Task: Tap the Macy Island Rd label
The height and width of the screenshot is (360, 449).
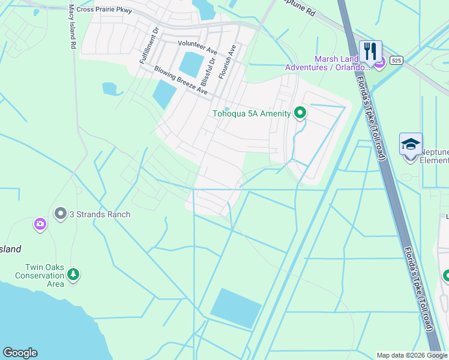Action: tap(73, 27)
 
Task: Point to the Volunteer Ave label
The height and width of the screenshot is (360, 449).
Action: tap(197, 44)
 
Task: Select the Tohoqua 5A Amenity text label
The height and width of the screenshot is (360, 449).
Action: tap(252, 114)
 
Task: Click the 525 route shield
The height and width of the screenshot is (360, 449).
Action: tap(396, 60)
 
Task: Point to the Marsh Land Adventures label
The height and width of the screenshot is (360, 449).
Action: tap(339, 63)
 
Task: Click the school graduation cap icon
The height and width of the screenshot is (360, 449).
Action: tap(411, 144)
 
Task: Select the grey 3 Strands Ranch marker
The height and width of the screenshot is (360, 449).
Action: tap(60, 214)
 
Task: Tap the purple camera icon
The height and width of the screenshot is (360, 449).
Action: tap(40, 224)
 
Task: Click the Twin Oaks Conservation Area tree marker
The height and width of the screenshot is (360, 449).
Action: tap(73, 274)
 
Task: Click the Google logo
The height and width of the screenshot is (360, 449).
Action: tap(20, 353)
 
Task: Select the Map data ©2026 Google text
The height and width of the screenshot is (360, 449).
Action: tap(412, 355)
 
